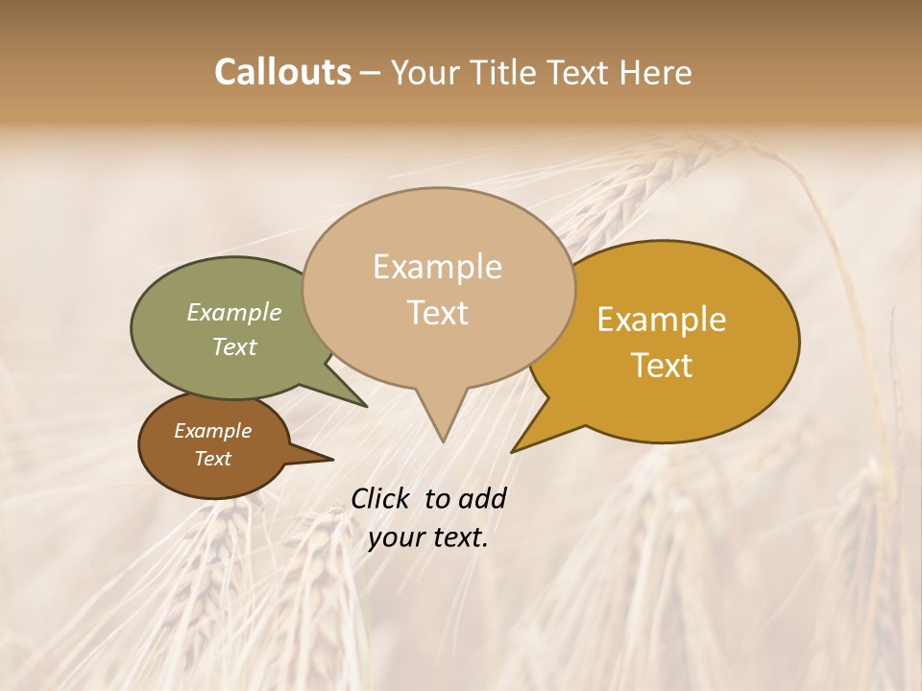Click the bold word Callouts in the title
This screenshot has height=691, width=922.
[282, 72]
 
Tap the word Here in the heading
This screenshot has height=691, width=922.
[657, 72]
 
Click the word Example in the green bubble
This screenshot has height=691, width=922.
[234, 312]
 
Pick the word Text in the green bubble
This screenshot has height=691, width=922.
[234, 346]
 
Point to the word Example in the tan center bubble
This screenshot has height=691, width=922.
[437, 267]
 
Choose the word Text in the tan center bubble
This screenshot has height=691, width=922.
[438, 313]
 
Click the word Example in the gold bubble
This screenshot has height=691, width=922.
[662, 320]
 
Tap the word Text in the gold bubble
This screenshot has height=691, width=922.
[663, 366]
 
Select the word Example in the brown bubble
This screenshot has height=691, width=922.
[212, 431]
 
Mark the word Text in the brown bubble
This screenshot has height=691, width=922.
[212, 459]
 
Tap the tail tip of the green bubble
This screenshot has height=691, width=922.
[366, 405]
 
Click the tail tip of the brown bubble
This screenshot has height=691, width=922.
[332, 460]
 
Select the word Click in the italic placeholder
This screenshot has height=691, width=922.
[381, 498]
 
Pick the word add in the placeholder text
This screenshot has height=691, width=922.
[481, 498]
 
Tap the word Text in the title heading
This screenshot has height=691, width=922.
[579, 72]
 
